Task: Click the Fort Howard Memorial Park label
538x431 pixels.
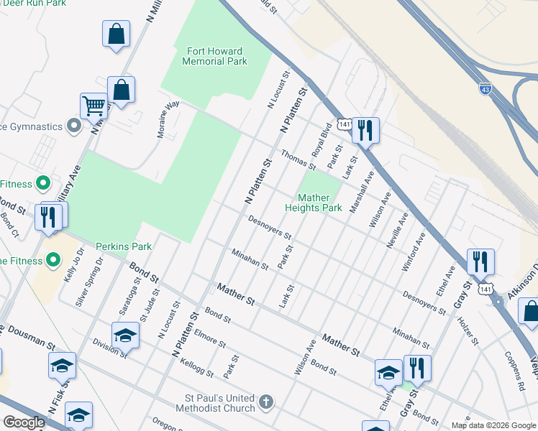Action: pos(216,56)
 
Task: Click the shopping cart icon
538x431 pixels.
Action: pos(93,106)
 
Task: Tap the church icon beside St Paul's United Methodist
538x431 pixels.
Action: pos(266,402)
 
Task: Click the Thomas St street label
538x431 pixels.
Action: pos(298,159)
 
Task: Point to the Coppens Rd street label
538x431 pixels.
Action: pos(509,371)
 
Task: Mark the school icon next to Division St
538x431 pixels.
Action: pos(125,335)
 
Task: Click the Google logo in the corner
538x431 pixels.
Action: pos(24,422)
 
